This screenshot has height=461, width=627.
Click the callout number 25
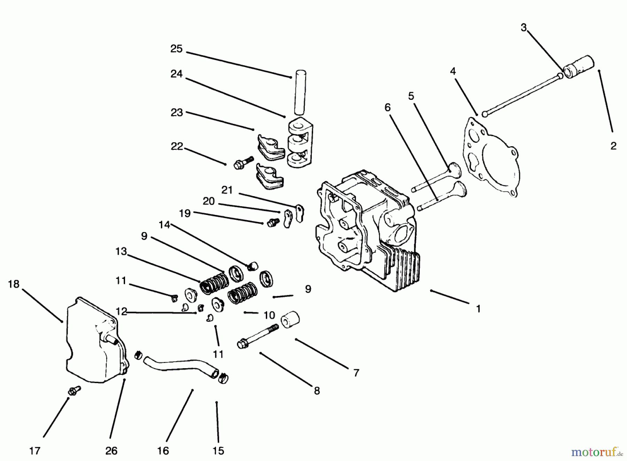click(x=176, y=49)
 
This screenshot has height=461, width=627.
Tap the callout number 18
click(x=14, y=284)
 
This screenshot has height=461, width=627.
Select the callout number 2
click(x=613, y=146)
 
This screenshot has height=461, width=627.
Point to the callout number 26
click(x=111, y=451)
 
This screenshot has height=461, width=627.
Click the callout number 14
click(x=164, y=225)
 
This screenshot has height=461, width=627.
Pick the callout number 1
click(x=478, y=309)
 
